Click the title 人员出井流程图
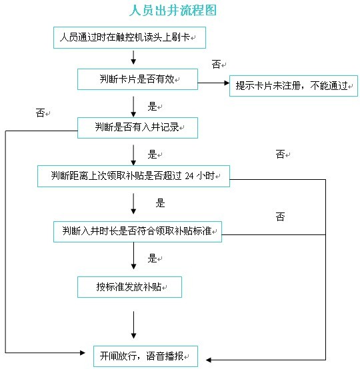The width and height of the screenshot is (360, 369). click(173, 11)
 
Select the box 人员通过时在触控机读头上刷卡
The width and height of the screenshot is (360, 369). click(129, 38)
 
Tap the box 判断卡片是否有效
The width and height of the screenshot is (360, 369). click(137, 79)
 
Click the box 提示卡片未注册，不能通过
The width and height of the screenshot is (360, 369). click(293, 86)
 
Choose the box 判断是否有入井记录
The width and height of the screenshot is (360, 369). click(137, 128)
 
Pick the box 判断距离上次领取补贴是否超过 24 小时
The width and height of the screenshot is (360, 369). click(133, 177)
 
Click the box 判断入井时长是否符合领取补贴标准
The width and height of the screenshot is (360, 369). click(137, 232)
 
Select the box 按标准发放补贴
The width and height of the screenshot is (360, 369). click(129, 287)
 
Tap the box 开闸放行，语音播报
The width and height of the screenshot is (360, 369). click(145, 356)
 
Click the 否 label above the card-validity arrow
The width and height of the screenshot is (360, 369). click(216, 64)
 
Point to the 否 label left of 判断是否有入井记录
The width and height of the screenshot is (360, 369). click(40, 113)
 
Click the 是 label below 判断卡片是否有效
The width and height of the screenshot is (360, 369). click(152, 107)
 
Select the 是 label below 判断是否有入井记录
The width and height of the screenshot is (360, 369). click(152, 155)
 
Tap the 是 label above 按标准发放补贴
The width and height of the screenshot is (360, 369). click(152, 258)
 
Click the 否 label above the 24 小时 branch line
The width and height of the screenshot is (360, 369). click(281, 155)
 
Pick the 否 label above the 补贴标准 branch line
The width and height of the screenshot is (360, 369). click(281, 216)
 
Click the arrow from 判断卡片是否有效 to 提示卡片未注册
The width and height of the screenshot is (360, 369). click(213, 83)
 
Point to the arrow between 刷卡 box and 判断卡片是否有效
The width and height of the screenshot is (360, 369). click(133, 57)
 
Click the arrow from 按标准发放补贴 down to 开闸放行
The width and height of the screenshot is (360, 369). click(133, 325)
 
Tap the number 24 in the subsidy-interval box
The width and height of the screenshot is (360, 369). click(189, 177)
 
